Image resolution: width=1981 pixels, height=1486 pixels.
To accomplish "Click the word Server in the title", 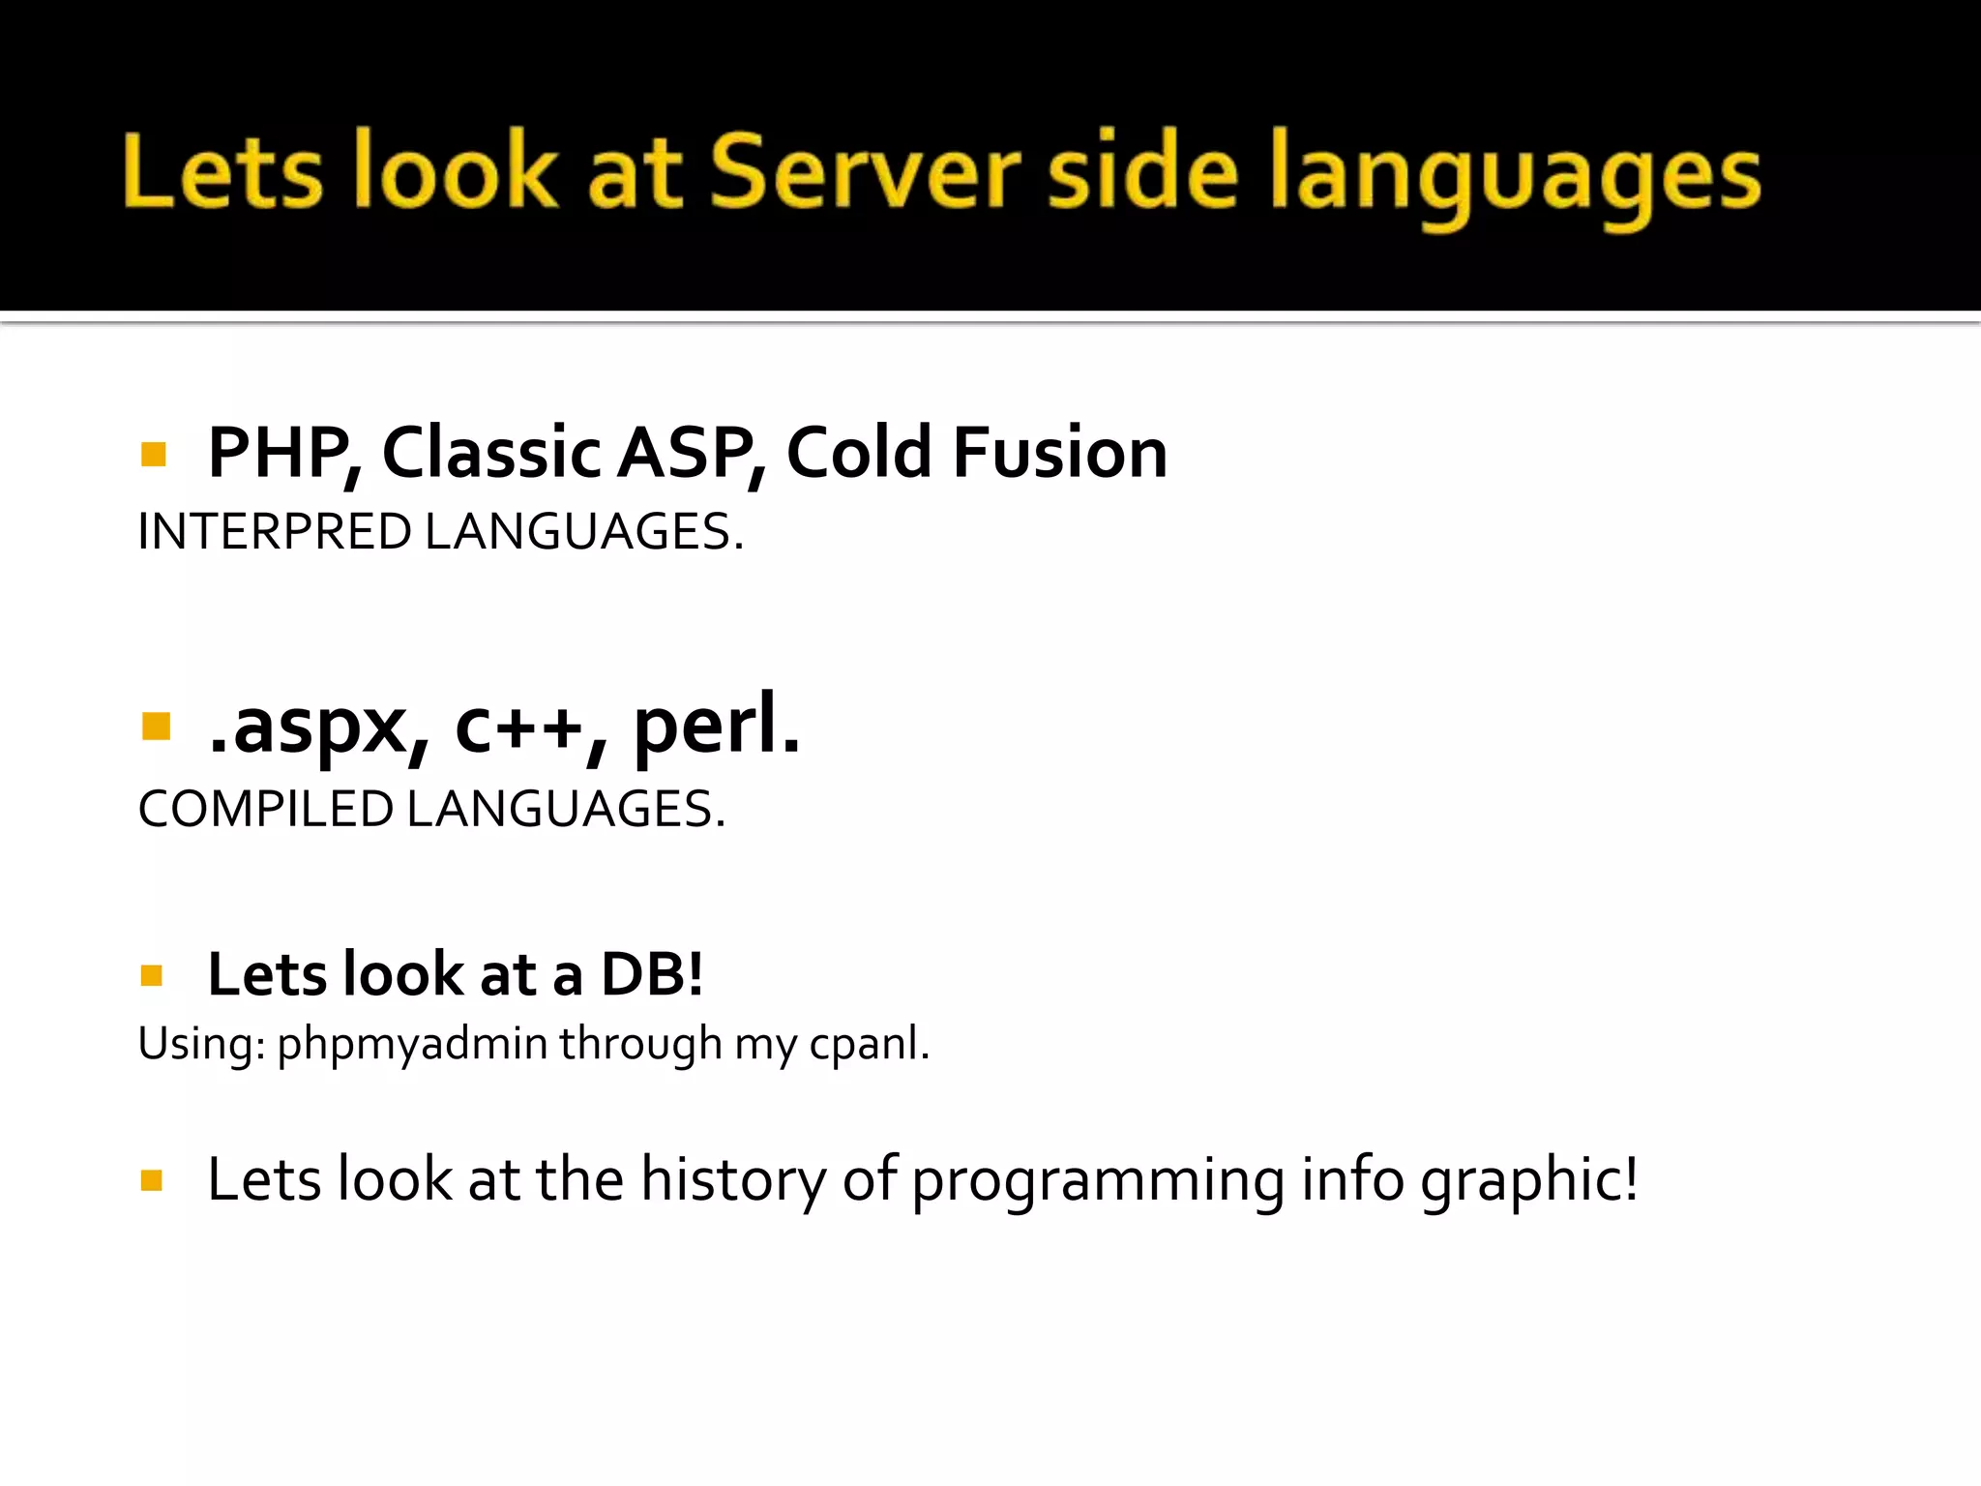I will pos(865,172).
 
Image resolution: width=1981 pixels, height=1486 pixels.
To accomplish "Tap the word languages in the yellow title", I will pos(1515,177).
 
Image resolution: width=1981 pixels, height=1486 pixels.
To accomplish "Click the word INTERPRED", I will pos(275,532).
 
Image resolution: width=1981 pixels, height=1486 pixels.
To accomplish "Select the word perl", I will pos(716,728).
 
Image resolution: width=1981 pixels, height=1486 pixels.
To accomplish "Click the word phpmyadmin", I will pos(412,1045).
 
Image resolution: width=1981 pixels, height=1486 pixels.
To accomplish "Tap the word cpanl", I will pos(869,1045).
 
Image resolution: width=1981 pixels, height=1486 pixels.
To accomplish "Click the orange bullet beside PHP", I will pos(153,454).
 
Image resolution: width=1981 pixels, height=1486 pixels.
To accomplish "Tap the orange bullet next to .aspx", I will pos(155,726).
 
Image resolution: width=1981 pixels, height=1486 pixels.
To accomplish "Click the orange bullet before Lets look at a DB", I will pos(152,975).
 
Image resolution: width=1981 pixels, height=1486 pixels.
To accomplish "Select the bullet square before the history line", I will pos(152,1180).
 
